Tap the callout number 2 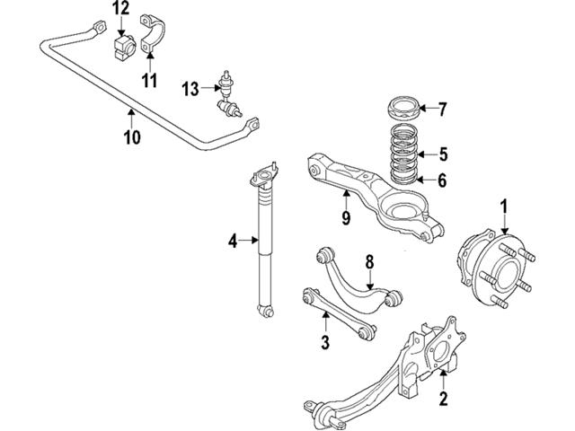click(443, 398)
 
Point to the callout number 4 click(232, 240)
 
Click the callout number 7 click(442, 110)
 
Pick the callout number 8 click(368, 261)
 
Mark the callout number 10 click(132, 137)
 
